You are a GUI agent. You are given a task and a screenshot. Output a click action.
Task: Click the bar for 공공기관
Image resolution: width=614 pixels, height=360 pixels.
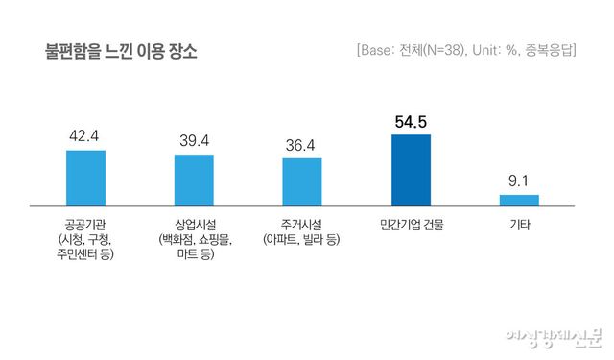[85, 178]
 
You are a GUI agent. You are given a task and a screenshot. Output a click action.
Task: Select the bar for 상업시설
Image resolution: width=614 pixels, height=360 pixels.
[194, 180]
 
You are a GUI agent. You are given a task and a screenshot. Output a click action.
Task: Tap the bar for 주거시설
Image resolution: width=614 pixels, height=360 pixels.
[302, 181]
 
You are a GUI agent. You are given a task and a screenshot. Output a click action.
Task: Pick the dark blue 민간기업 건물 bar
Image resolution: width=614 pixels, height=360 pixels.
[411, 169]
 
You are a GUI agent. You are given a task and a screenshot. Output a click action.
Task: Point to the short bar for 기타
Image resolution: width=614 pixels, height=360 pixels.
[519, 200]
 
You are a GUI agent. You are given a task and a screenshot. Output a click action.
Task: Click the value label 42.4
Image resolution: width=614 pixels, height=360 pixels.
[85, 136]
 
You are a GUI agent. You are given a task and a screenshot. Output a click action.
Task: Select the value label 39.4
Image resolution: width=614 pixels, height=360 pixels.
[194, 140]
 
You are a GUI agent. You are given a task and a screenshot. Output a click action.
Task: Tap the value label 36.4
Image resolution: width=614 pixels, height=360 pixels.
[302, 145]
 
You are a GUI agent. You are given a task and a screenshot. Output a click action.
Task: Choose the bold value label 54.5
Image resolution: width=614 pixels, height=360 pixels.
[411, 121]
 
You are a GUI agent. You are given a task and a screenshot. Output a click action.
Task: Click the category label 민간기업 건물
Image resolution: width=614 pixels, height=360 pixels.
[412, 226]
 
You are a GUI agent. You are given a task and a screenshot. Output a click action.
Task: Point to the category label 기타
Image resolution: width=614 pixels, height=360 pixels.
[519, 226]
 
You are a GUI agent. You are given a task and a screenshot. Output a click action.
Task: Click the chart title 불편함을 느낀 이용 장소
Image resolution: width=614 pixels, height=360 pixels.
[121, 50]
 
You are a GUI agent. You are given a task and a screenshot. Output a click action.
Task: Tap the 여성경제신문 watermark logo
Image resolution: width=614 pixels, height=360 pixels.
[554, 338]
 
